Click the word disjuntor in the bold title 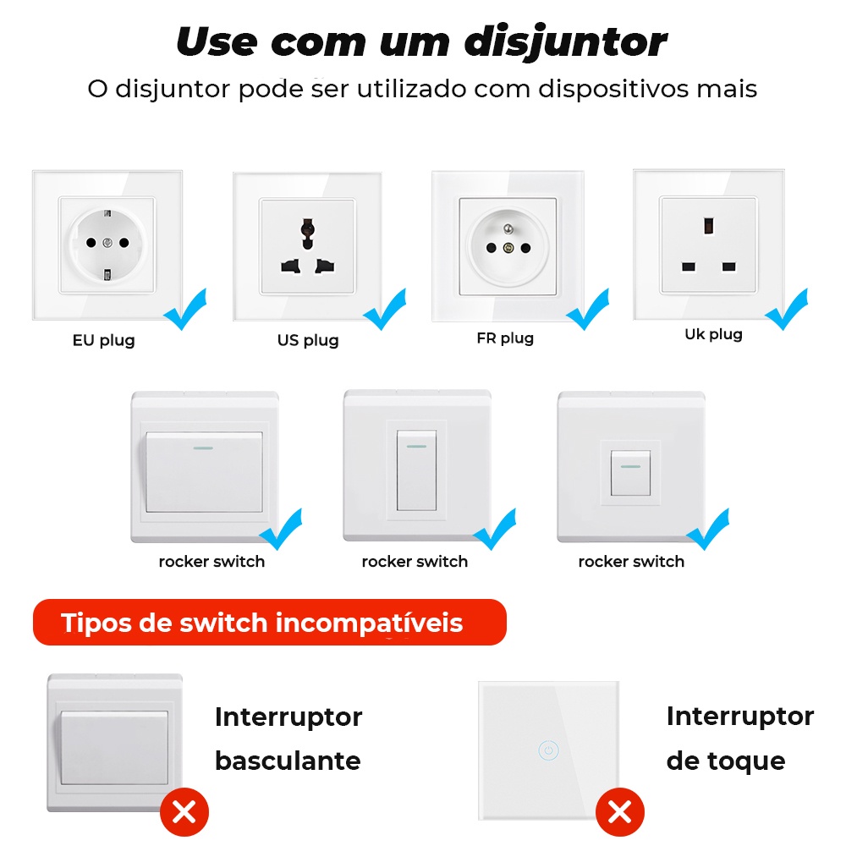point(566,42)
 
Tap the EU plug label point(103,340)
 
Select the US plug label point(308,340)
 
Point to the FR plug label point(505,338)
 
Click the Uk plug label point(713,334)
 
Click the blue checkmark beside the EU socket point(185,309)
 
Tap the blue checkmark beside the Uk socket point(787,309)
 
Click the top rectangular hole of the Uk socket point(708,226)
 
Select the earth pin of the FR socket point(508,229)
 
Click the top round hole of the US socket point(308,226)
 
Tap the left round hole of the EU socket point(91,243)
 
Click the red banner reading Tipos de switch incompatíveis point(270,622)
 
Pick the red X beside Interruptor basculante point(184,812)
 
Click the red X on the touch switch point(620,812)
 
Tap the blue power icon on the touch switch point(549,750)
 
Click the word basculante point(288,761)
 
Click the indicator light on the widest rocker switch point(203,448)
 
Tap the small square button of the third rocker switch point(630,473)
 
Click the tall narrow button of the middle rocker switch point(416,470)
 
